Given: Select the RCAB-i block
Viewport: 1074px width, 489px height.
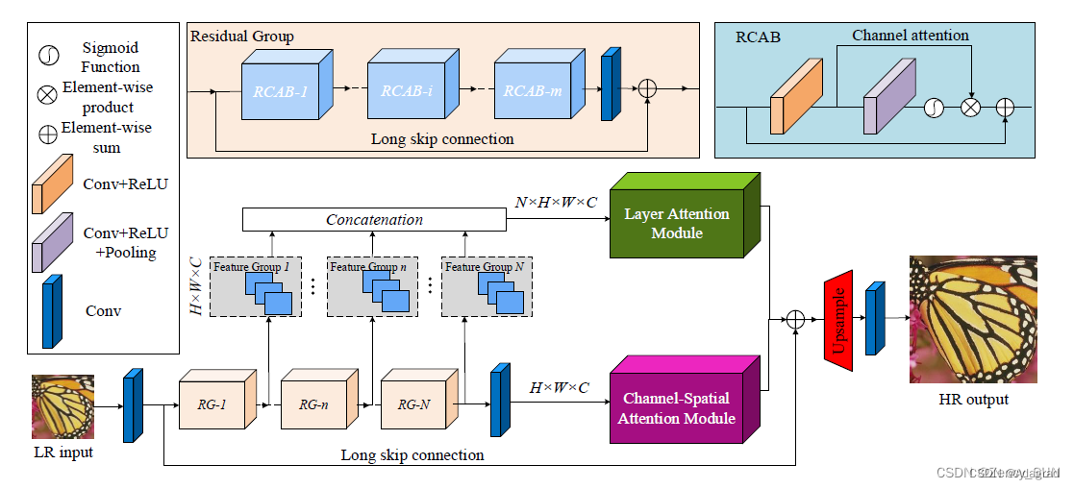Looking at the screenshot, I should tap(406, 91).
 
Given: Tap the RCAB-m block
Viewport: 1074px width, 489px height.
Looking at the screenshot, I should tap(532, 91).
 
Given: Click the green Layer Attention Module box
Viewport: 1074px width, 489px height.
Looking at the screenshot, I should tap(676, 223).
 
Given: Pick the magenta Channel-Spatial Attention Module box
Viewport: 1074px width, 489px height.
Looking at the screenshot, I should tap(676, 407).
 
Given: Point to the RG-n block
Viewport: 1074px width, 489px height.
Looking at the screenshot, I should tap(312, 404).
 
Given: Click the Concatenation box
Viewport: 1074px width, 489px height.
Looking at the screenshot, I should tap(374, 220).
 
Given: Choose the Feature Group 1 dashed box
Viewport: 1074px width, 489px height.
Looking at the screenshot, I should tap(257, 286).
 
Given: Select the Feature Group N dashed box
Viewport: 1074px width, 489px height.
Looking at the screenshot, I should tap(487, 286).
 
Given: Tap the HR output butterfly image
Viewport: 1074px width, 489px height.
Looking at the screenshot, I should tap(972, 320).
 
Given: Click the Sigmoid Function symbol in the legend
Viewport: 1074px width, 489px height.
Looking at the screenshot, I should tap(48, 56).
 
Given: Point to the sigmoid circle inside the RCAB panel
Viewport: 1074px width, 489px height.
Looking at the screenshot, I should tap(933, 108).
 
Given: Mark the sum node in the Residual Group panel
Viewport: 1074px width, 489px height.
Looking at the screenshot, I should tap(648, 88).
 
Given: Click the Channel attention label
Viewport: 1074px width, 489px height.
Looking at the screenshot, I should tap(910, 36).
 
